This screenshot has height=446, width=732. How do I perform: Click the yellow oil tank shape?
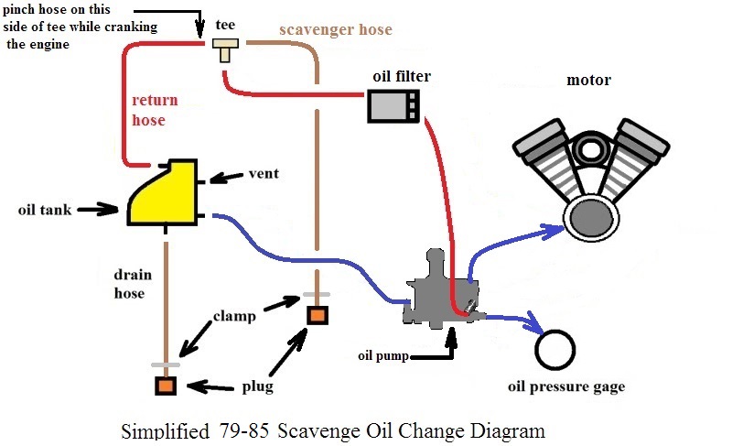(165, 194)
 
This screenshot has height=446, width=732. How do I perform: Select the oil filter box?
(394, 106)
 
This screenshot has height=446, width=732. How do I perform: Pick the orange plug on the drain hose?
(165, 386)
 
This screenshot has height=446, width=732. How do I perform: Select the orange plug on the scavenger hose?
(317, 315)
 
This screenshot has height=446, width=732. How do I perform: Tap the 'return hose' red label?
(156, 110)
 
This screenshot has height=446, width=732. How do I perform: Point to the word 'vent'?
(264, 174)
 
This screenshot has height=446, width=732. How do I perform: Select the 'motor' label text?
(588, 81)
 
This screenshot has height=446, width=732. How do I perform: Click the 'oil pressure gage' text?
(566, 386)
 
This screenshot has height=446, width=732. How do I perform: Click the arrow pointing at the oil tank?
(97, 210)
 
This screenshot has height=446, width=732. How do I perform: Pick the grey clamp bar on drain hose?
(165, 364)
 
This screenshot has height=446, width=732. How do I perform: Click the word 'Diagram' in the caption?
(503, 430)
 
